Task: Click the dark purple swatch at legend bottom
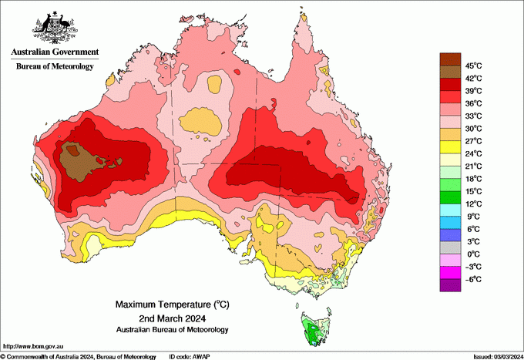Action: (x=450, y=285)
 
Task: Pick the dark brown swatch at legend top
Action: (x=450, y=59)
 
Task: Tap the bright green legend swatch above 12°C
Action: (x=450, y=197)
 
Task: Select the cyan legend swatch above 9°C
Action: (x=450, y=210)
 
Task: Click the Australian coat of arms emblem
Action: (x=55, y=26)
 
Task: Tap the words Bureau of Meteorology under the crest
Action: (x=55, y=66)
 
